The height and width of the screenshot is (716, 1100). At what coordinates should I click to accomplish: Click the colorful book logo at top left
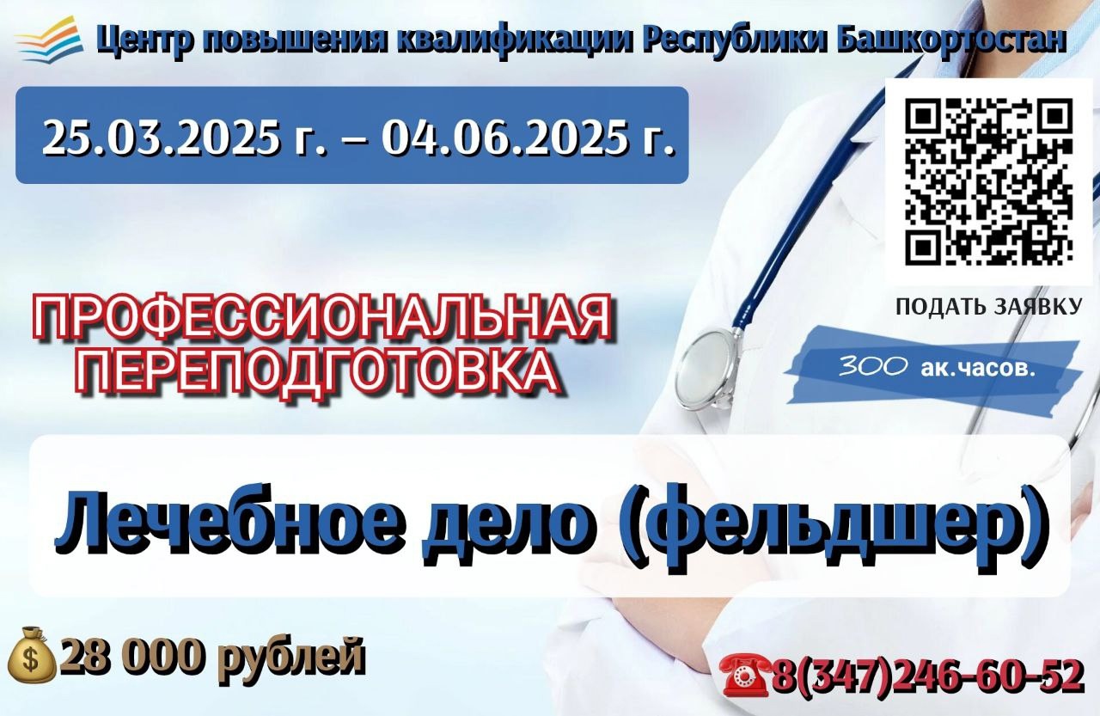click(x=49, y=38)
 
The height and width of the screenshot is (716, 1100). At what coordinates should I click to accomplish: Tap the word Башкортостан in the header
click(x=950, y=40)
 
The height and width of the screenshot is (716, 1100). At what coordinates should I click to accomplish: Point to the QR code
click(x=988, y=181)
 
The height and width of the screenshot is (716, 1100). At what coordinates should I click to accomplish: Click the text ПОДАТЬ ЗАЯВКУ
click(x=989, y=307)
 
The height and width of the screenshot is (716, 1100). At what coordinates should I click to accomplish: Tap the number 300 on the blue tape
click(x=872, y=366)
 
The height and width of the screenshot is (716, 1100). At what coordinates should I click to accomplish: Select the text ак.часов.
click(x=978, y=368)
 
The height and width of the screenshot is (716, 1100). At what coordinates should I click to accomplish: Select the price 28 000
click(x=131, y=656)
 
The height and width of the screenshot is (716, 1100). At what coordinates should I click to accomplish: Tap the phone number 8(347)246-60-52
click(x=928, y=676)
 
